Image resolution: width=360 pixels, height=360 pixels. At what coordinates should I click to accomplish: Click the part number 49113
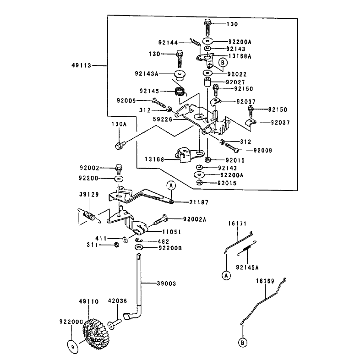82,65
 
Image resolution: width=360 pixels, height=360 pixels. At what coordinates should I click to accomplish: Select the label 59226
163,119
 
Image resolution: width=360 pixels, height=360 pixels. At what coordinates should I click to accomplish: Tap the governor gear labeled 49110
96,334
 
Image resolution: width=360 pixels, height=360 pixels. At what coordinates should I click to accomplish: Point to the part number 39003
166,284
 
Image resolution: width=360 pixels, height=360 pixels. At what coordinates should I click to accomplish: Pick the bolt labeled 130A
120,145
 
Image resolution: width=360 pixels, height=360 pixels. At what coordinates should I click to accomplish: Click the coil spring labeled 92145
181,92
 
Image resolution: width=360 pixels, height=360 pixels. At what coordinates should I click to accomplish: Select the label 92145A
247,267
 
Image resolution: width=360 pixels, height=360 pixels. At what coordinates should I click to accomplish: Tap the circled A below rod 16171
226,275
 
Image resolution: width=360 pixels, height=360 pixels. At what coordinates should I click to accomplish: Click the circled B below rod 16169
242,343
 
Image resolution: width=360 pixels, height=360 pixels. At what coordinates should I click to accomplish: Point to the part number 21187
199,202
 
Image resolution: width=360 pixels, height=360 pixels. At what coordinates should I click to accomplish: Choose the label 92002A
195,219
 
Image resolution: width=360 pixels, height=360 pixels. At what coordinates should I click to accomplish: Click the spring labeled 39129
89,216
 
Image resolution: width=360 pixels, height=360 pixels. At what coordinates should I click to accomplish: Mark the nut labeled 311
116,245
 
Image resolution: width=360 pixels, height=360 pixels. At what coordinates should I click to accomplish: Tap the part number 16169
265,281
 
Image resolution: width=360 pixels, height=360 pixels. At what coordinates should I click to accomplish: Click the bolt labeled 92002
119,169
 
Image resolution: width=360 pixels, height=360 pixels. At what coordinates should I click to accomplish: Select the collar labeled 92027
207,82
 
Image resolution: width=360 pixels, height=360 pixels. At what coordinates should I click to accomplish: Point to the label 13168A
240,56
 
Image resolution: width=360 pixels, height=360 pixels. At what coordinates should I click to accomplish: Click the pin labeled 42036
115,324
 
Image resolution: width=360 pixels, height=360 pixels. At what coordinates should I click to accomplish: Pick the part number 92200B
170,248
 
